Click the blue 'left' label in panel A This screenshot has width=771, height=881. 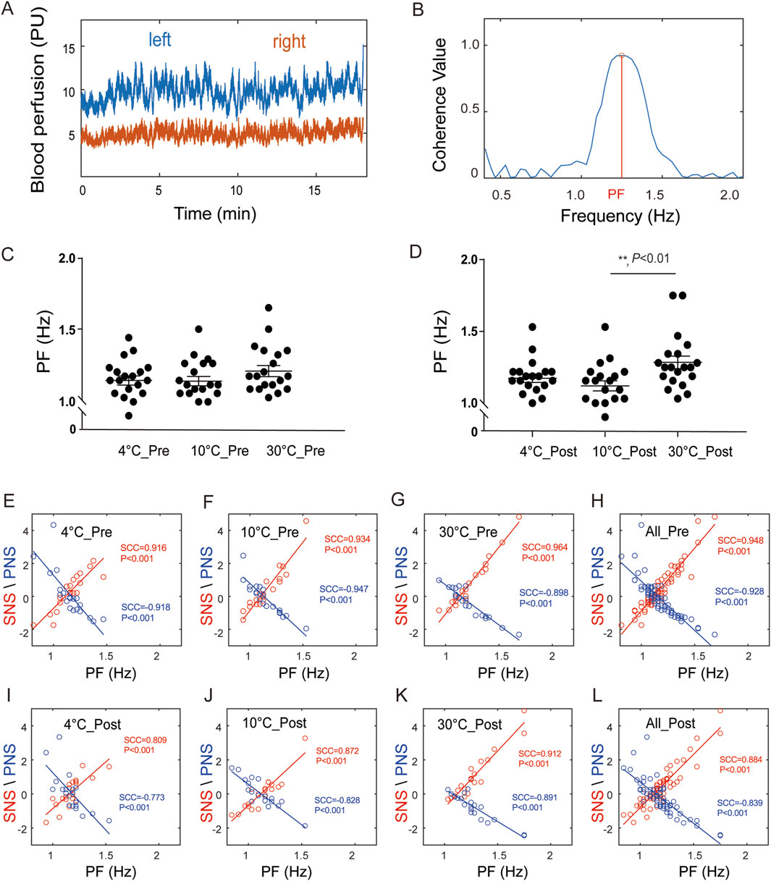click(x=160, y=39)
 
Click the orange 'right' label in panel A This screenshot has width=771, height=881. click(x=289, y=42)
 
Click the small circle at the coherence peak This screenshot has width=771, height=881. click(x=621, y=55)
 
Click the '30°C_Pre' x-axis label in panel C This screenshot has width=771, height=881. click(x=296, y=451)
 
